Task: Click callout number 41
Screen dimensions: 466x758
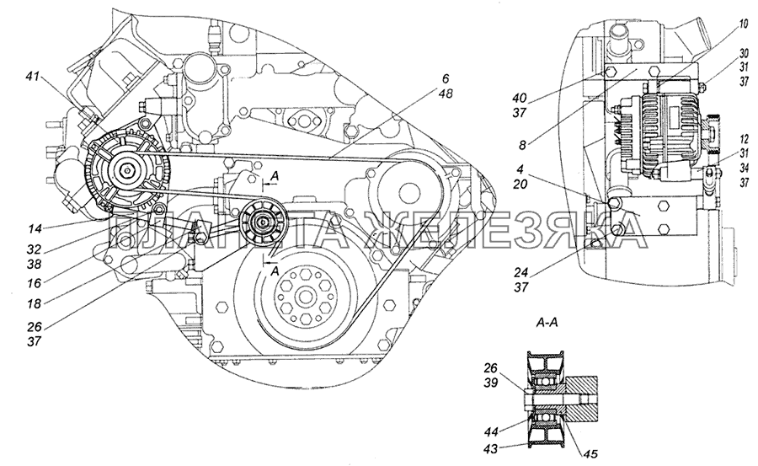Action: (x=32, y=76)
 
